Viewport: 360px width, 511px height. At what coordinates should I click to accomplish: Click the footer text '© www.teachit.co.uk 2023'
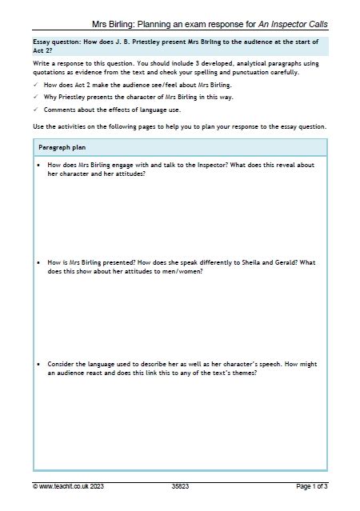click(x=69, y=485)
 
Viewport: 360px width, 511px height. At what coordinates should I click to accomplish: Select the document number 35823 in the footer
click(x=180, y=485)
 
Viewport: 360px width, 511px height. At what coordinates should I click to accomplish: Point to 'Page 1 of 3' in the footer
click(x=312, y=485)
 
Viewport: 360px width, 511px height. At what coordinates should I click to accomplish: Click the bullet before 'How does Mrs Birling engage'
click(x=40, y=166)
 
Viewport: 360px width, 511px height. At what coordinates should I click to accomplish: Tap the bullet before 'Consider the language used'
click(x=40, y=364)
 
